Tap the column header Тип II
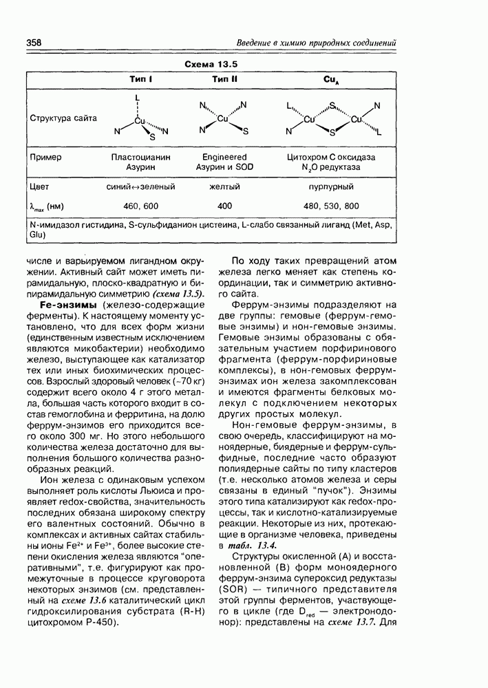(x=224, y=79)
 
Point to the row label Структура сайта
(x=63, y=118)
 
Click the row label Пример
(x=46, y=157)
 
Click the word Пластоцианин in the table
(x=140, y=157)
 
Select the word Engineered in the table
(x=224, y=157)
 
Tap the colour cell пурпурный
(x=331, y=186)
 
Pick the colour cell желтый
(x=224, y=186)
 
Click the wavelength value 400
(x=224, y=206)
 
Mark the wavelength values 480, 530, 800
(x=331, y=206)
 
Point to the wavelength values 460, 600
(x=140, y=206)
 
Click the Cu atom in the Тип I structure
(x=140, y=120)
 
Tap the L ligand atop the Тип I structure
(x=138, y=97)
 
